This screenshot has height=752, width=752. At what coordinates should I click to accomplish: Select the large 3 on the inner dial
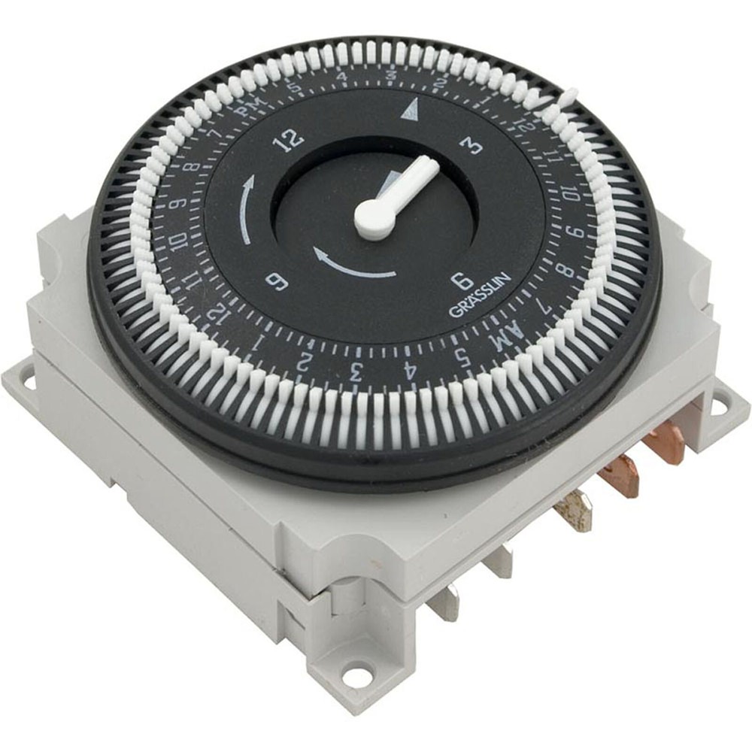coord(473,145)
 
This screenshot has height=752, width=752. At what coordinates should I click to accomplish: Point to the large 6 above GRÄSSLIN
coord(463,280)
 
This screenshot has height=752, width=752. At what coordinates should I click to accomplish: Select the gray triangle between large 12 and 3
coord(408,112)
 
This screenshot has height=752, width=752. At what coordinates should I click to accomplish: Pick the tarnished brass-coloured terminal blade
coord(575,514)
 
